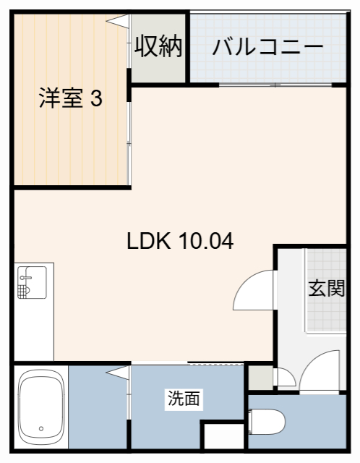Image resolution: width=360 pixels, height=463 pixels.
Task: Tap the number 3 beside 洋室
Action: click(x=95, y=98)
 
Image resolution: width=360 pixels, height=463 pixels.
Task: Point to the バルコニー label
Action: click(x=267, y=48)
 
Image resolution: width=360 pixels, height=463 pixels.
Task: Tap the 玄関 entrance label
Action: click(x=325, y=288)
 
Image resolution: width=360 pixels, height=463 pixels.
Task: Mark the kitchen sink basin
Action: click(x=32, y=282)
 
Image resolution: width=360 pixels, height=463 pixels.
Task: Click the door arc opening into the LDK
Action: click(x=253, y=291)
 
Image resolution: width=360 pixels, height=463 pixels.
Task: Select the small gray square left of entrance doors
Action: click(x=257, y=376)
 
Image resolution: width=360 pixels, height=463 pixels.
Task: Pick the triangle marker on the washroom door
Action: click(x=116, y=372)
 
